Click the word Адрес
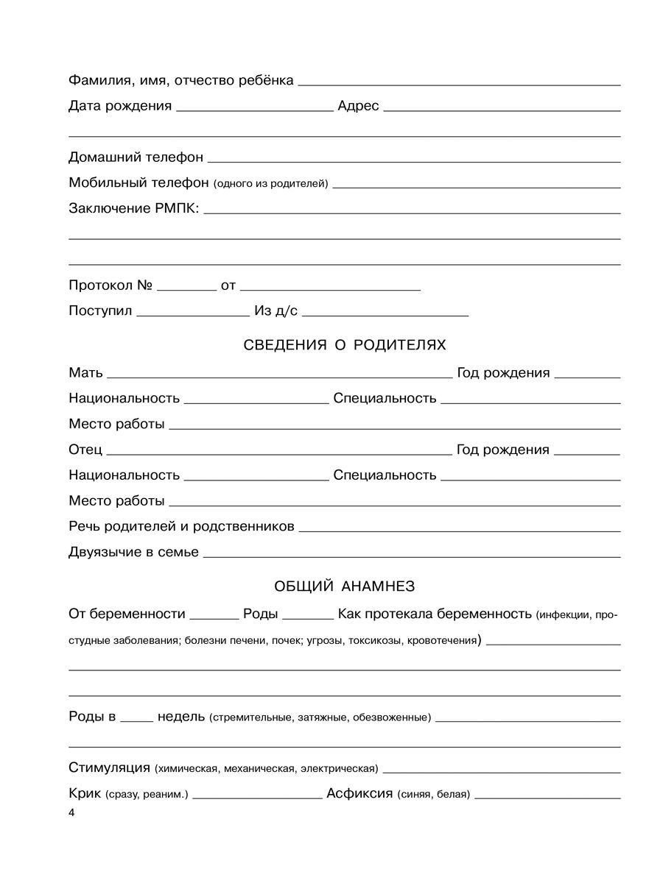(358, 106)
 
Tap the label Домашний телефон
(136, 157)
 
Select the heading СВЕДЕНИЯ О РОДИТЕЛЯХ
(344, 345)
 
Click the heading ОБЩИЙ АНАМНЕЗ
(344, 586)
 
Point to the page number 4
(71, 813)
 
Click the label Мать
(85, 373)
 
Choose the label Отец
(85, 450)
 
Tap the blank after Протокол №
(186, 288)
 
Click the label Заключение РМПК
(133, 209)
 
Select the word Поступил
(100, 311)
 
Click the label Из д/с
(276, 311)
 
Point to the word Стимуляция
(109, 768)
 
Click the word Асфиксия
(359, 794)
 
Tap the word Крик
(85, 794)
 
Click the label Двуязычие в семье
(133, 552)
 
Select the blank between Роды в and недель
(136, 720)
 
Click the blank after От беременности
(214, 617)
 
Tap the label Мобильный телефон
(138, 183)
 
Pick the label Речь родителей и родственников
(181, 527)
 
